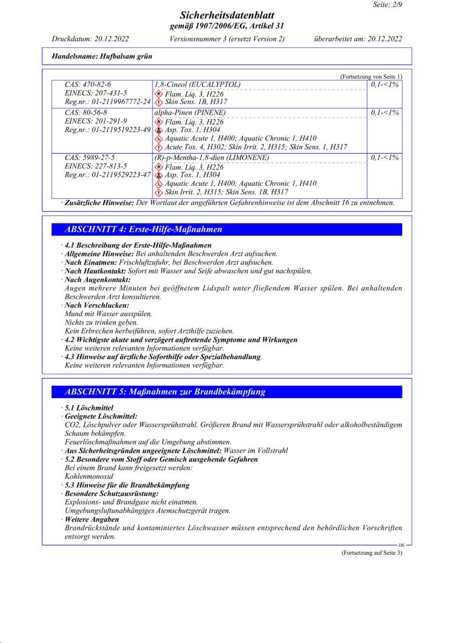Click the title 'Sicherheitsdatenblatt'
pos(226,15)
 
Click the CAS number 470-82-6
pos(88,85)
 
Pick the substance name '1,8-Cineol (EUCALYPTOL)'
pos(197,85)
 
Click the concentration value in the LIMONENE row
pos(385,157)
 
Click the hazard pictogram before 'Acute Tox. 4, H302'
pos(158,147)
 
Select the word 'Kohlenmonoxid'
pos(89,476)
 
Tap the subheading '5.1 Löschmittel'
pos(89,408)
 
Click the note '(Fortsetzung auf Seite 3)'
pos(371,552)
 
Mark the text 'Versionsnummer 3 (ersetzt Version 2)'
pos(227,39)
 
